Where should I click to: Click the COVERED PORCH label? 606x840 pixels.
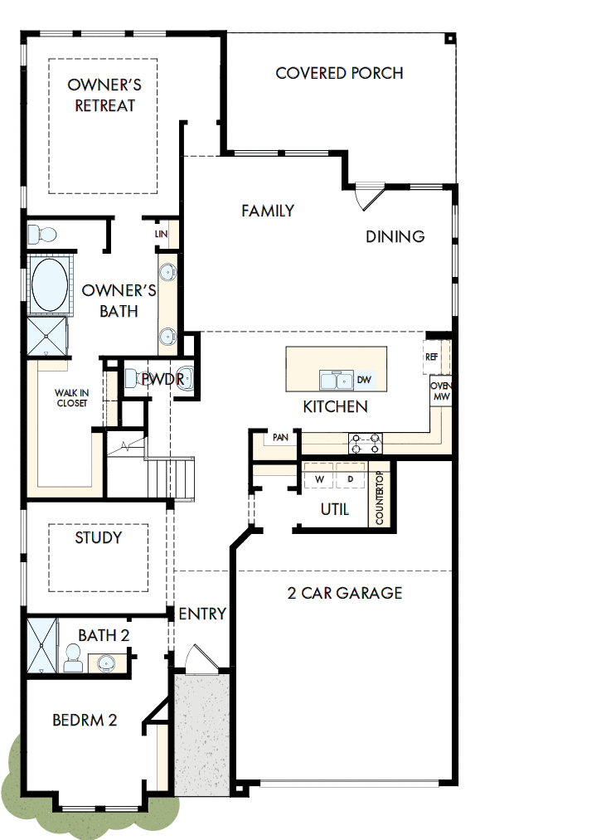pos(339,73)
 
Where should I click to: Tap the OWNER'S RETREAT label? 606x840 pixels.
pos(104,95)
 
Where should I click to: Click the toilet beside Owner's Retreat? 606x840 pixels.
pos(42,233)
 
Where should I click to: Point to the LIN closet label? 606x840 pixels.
pos(161,235)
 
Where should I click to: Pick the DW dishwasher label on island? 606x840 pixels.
pos(364,380)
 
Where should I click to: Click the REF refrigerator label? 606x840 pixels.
pos(431,357)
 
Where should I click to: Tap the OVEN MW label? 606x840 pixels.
pos(439,392)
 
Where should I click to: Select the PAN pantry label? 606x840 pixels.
pos(279,437)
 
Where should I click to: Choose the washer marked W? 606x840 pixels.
pos(318,480)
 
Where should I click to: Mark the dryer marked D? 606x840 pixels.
pos(350,480)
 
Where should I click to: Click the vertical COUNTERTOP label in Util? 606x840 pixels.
pos(380,498)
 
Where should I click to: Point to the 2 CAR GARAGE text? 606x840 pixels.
pos(345,593)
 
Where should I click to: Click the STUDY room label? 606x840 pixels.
pos(99,537)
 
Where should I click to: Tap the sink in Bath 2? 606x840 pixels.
pos(104,662)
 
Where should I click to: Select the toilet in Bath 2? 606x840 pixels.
pos(73,658)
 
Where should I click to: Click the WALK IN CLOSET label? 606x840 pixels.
pos(71,398)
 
